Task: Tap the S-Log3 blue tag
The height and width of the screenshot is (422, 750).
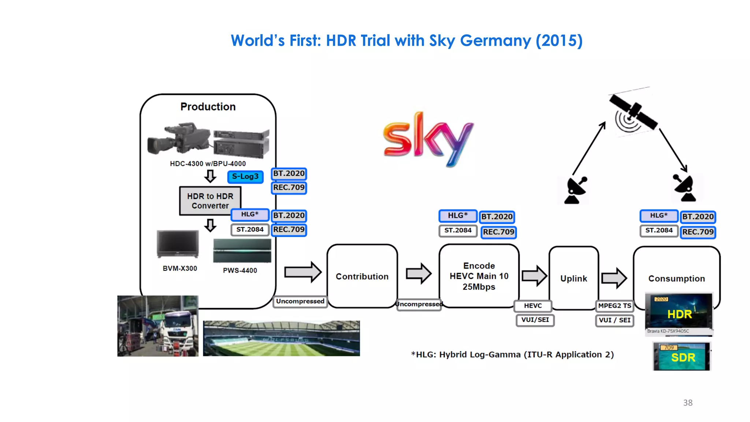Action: pos(245,177)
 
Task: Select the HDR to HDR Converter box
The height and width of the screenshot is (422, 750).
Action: pos(210,201)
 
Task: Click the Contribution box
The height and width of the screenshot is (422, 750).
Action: pos(362,277)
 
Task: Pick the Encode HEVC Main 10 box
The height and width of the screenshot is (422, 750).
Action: pos(479,276)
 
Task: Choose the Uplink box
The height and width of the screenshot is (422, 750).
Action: pos(573,278)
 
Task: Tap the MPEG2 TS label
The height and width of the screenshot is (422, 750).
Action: pos(615,306)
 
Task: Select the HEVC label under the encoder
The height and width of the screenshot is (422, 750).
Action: pos(532,306)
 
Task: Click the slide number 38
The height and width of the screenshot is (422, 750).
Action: pos(687,403)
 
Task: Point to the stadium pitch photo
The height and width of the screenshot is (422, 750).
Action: pos(281,338)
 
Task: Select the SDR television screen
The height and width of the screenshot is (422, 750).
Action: pos(682,357)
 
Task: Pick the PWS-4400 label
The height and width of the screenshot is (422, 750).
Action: pos(240,270)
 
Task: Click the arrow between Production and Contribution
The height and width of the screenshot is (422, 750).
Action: pos(302,272)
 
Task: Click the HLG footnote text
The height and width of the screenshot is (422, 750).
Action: pos(512,355)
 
